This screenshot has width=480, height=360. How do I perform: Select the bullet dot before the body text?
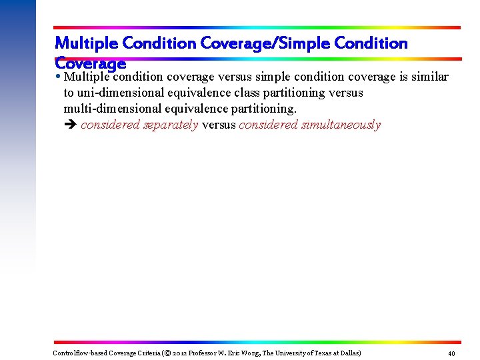pos(59,75)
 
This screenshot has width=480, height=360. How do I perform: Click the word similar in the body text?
pos(429,77)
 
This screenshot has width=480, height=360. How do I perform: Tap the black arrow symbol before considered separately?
pos(70,125)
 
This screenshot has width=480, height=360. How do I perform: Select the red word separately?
pos(171,125)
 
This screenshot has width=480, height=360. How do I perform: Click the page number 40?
pos(451,353)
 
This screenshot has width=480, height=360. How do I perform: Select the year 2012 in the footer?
pos(179,353)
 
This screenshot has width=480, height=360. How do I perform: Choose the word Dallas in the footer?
pos(351,353)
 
